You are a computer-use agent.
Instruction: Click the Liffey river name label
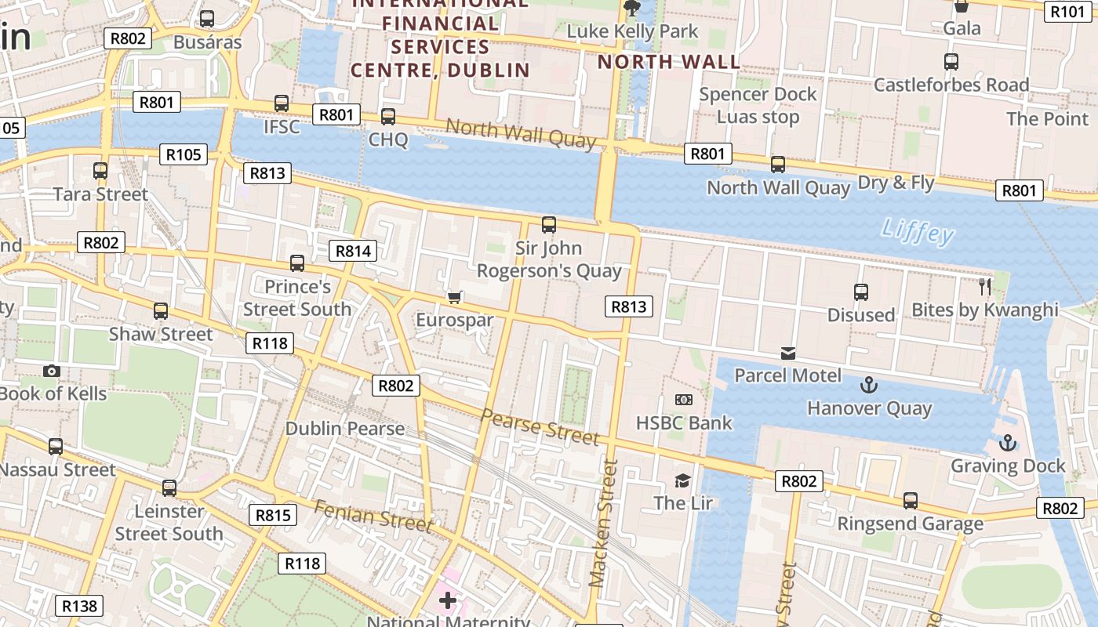pos(917,231)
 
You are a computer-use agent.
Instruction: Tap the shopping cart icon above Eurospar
pos(454,297)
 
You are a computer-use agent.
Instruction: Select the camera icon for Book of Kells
pos(52,371)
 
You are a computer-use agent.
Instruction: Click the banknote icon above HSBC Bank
pos(684,400)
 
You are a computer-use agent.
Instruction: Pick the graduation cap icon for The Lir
pos(683,480)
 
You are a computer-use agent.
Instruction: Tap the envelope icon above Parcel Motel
pos(787,353)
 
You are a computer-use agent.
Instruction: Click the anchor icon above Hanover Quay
pos(868,385)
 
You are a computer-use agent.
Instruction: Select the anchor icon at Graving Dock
pos(1008,444)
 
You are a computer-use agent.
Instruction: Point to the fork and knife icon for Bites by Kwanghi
pos(985,286)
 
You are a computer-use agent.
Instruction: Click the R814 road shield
pos(353,251)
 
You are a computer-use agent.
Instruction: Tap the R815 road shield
pos(274,515)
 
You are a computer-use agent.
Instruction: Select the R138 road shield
pos(79,605)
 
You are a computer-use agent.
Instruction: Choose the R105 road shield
pos(184,154)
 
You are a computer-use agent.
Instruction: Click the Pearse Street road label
pos(540,426)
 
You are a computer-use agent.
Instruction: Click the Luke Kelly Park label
pos(632,31)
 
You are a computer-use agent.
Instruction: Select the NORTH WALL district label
pos(668,63)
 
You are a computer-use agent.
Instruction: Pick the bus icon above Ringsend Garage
pos(910,500)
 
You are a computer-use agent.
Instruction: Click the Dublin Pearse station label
pos(344,429)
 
